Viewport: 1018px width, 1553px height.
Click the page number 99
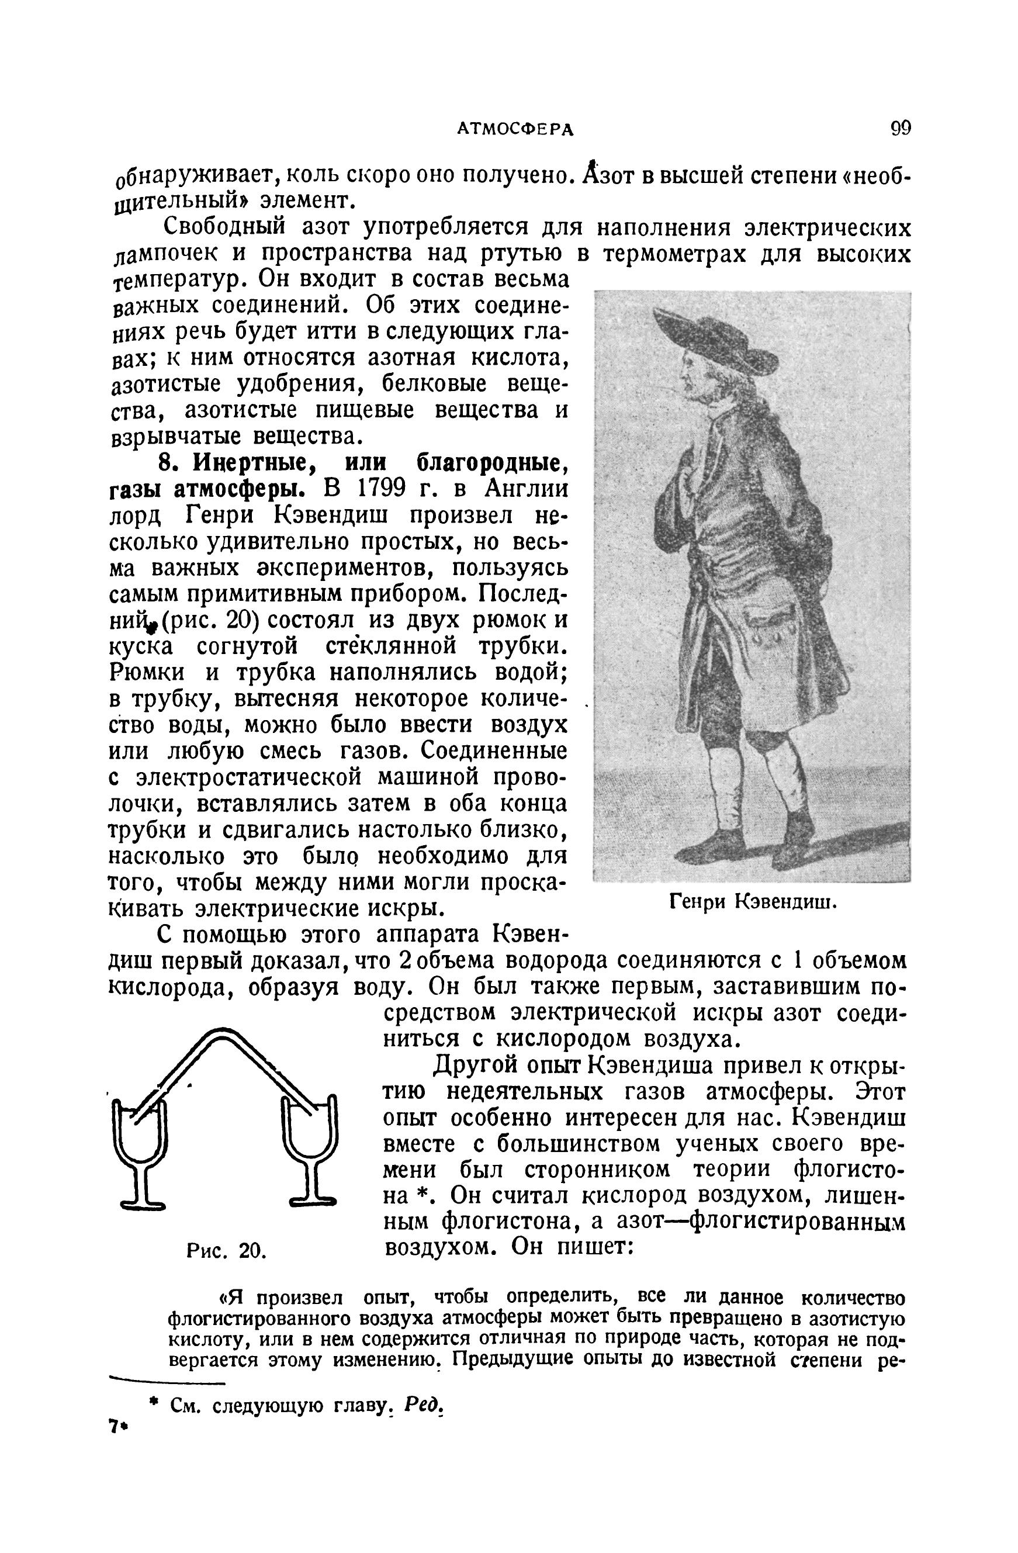[x=900, y=128]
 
